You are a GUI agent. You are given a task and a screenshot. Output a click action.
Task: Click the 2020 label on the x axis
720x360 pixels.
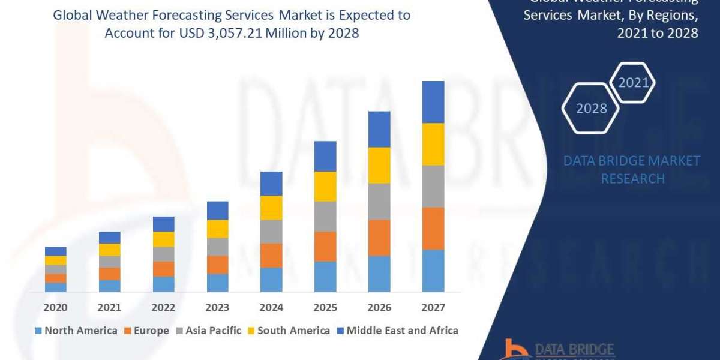(x=56, y=308)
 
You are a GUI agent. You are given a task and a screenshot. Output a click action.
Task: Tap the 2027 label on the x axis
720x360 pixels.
(x=433, y=308)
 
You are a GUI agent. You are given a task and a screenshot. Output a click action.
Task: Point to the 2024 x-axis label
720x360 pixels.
(x=271, y=308)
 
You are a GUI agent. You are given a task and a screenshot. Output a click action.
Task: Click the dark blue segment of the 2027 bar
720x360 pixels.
(x=433, y=102)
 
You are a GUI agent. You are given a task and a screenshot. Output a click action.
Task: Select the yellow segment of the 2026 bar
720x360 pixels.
(x=379, y=165)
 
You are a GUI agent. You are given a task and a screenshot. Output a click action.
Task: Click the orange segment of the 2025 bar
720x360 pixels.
(x=325, y=246)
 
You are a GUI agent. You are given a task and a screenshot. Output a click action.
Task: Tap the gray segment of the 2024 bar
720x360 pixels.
(x=271, y=231)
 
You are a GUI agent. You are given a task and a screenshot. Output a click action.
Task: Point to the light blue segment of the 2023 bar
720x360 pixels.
(x=217, y=283)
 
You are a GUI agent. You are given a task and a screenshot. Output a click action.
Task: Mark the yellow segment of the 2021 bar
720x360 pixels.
(x=110, y=250)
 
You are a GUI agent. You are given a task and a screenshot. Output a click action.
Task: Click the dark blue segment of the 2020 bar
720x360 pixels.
(x=56, y=251)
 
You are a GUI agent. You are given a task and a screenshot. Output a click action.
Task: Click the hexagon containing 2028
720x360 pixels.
(x=590, y=109)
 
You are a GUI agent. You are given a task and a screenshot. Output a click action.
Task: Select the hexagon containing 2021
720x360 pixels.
(x=633, y=83)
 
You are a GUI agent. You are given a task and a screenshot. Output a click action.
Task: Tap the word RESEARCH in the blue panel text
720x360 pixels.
(x=632, y=179)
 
